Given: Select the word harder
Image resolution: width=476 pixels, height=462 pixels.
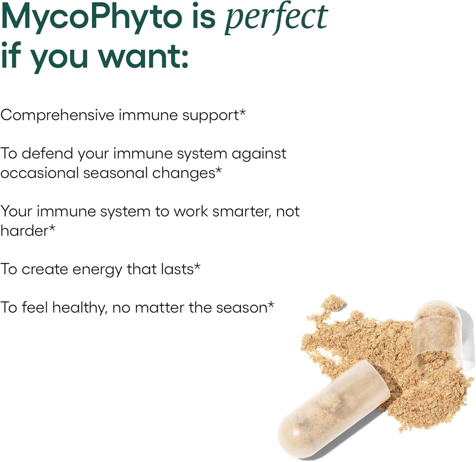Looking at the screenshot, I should pyautogui.click(x=24, y=231).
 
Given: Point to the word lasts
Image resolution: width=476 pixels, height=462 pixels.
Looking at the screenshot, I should pyautogui.click(x=177, y=269).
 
